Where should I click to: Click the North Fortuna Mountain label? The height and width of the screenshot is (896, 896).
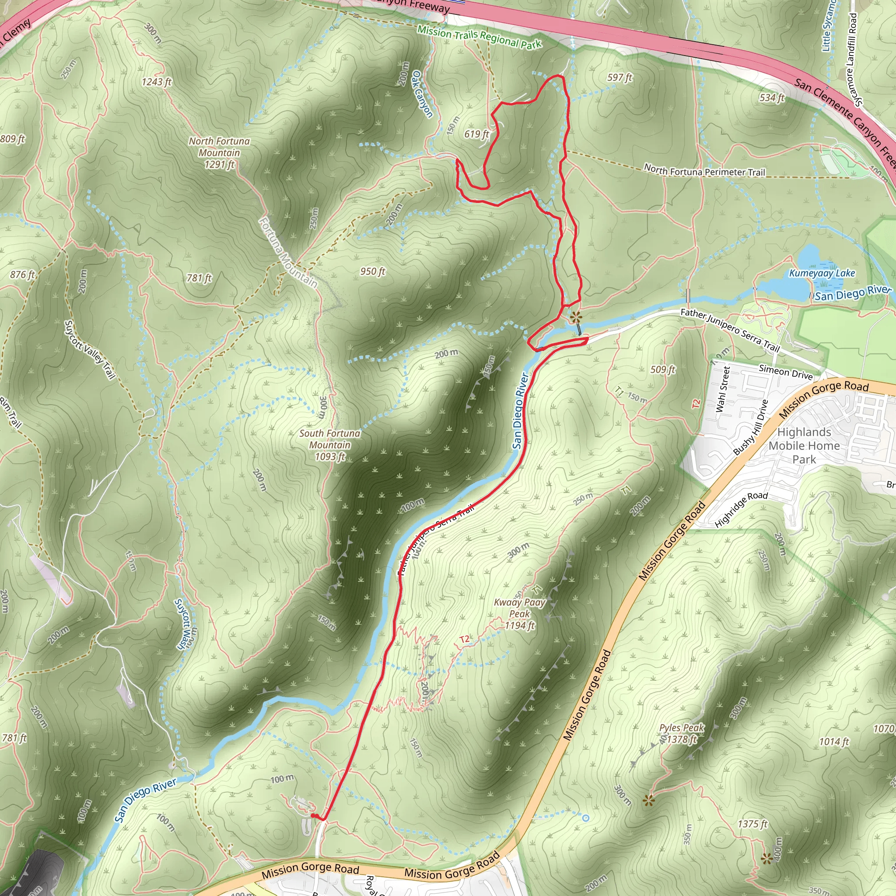[x=219, y=153]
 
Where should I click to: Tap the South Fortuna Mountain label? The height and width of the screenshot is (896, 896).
[x=330, y=445]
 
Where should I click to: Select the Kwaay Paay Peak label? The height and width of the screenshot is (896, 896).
[x=519, y=613]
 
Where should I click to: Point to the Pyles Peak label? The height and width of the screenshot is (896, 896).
[x=682, y=733]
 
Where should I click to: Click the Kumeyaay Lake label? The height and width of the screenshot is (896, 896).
[x=822, y=273]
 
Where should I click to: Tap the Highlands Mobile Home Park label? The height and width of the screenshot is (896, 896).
[x=804, y=445]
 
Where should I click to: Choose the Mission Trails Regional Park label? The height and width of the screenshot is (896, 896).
[x=479, y=37]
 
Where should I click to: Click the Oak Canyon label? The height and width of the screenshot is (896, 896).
[x=422, y=94]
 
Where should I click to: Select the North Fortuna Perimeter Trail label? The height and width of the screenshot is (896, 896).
[x=704, y=171]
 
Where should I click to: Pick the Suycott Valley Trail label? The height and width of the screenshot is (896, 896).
[x=90, y=349]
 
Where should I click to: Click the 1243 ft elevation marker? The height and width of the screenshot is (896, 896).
[x=157, y=82]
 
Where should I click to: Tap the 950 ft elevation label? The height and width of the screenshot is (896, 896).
[x=373, y=271]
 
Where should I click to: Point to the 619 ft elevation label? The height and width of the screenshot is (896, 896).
[x=477, y=134]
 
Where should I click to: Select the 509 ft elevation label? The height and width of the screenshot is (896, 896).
[x=663, y=369]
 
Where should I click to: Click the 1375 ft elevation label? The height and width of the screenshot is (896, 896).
[x=752, y=824]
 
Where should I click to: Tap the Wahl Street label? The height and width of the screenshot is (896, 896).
[x=723, y=389]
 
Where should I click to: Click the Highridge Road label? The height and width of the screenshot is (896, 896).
[x=741, y=509]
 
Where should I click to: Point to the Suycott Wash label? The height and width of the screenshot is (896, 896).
[x=184, y=624]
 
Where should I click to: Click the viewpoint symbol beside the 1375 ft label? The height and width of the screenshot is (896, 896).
[x=766, y=858]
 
